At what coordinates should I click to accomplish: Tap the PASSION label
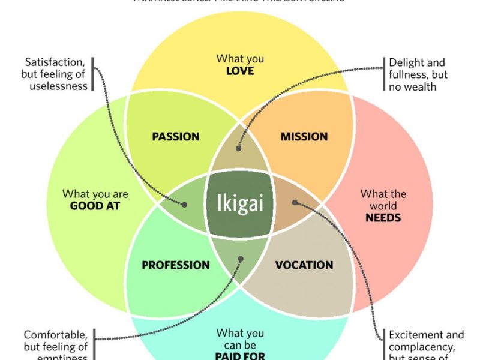(x=175, y=136)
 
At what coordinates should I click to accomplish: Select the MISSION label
(x=304, y=136)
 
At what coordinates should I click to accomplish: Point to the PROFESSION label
(x=175, y=265)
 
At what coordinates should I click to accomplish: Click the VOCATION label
(x=304, y=265)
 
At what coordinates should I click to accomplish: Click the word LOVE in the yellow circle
(x=240, y=71)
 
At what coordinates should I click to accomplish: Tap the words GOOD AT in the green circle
(x=95, y=206)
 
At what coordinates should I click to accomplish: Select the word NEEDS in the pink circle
(x=383, y=217)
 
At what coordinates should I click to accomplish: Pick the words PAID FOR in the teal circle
(x=240, y=356)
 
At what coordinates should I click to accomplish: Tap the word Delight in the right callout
(x=409, y=62)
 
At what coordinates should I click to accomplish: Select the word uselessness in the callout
(x=59, y=86)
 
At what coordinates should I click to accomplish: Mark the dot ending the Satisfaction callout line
(x=184, y=204)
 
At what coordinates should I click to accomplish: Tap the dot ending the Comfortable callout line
(x=241, y=260)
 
